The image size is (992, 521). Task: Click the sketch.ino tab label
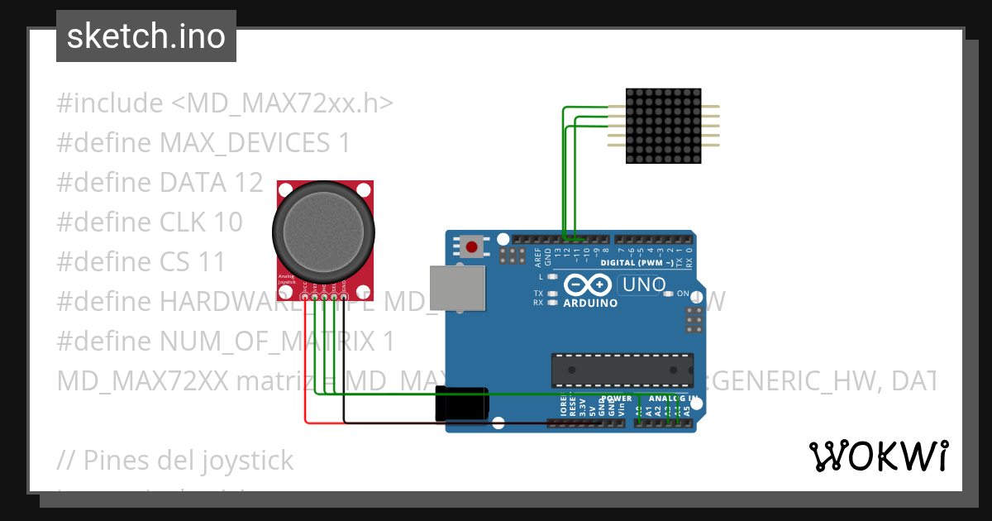[145, 36]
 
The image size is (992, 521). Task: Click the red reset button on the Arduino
[473, 246]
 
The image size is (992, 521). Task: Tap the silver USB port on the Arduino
[457, 288]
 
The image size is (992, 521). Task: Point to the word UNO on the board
[642, 285]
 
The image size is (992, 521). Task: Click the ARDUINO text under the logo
[590, 303]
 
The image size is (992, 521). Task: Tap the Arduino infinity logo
[589, 285]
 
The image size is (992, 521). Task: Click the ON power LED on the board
[670, 294]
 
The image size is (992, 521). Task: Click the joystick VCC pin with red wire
[306, 296]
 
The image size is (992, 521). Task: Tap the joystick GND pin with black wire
[343, 296]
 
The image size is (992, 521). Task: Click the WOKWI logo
[878, 456]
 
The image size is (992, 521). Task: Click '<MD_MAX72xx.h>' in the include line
[282, 103]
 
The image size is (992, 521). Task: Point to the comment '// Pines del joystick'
[175, 460]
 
